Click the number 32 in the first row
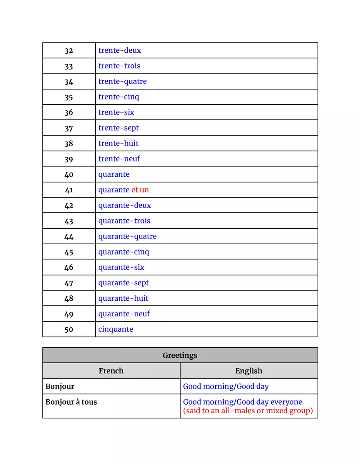[69, 51]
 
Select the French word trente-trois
[119, 66]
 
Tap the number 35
[69, 97]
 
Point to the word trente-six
[116, 113]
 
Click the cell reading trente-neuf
[119, 159]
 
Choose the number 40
[69, 175]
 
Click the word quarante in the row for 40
[114, 175]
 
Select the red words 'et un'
[140, 190]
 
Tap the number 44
[69, 237]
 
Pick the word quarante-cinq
[124, 252]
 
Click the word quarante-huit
[123, 298]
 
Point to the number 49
[69, 314]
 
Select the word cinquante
[115, 329]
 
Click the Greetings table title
[180, 355]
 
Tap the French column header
[111, 371]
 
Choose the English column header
[249, 371]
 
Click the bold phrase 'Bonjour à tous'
[71, 402]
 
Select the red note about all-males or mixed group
[248, 411]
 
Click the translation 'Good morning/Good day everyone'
[242, 402]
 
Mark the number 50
[69, 330]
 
